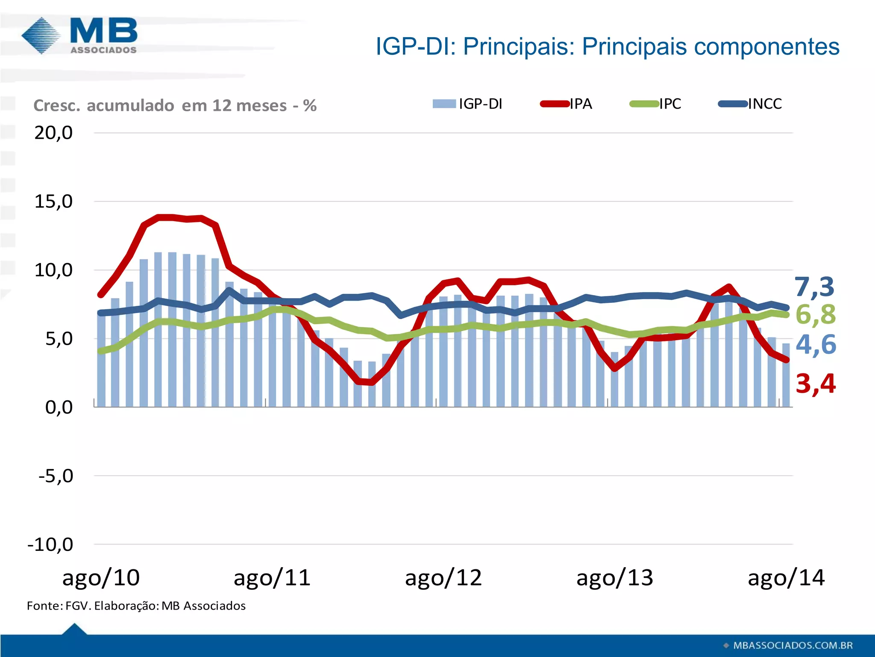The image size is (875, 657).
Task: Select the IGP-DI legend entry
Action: click(x=468, y=104)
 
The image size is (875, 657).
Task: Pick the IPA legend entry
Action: click(x=567, y=104)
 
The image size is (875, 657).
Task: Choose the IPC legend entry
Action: click(x=656, y=104)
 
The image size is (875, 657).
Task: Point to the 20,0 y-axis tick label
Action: click(x=53, y=133)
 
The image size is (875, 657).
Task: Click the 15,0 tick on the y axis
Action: click(x=53, y=201)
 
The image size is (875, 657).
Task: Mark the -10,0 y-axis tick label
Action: click(x=50, y=545)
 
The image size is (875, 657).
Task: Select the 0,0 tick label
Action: click(x=59, y=407)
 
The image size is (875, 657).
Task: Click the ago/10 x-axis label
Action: click(x=101, y=578)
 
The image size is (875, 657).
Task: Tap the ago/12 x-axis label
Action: click(x=443, y=578)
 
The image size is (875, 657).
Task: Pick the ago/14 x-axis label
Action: click(x=786, y=578)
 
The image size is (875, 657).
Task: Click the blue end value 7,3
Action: click(x=814, y=287)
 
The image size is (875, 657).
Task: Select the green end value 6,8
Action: click(x=815, y=315)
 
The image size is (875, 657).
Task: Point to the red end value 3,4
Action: click(x=815, y=383)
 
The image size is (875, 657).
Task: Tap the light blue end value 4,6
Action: click(x=815, y=345)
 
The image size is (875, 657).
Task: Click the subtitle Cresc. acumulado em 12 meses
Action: click(x=175, y=106)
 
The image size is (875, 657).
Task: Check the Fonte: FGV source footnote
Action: click(x=136, y=606)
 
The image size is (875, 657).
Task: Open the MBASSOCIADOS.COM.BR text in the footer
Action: click(x=793, y=645)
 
